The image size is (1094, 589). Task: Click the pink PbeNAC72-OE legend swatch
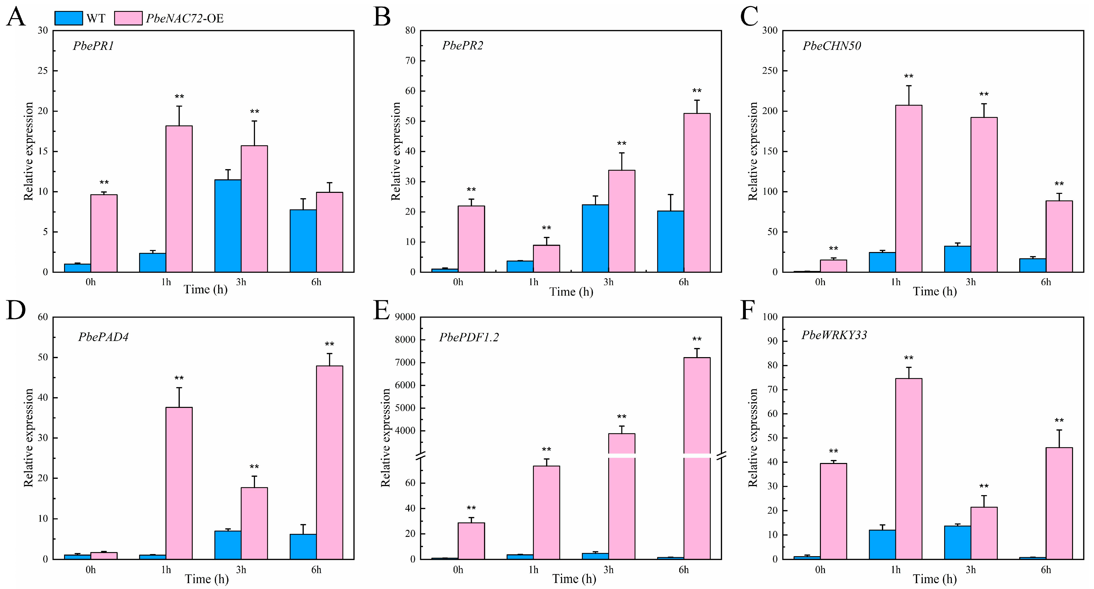tap(128, 18)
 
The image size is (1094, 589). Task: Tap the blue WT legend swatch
tap(69, 18)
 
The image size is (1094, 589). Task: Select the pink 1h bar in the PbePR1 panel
tap(179, 199)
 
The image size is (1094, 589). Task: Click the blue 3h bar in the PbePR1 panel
tap(228, 226)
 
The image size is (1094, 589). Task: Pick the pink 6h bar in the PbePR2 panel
tap(697, 193)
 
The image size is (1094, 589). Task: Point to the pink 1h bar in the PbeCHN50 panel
tap(908, 189)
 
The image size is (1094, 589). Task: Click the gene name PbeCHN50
tap(832, 46)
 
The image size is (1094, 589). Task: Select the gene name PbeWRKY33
tap(834, 335)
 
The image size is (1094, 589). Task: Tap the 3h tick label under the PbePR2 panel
tap(608, 282)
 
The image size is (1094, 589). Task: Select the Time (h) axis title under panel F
tap(935, 579)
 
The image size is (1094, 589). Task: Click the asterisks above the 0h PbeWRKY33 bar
tap(833, 451)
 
